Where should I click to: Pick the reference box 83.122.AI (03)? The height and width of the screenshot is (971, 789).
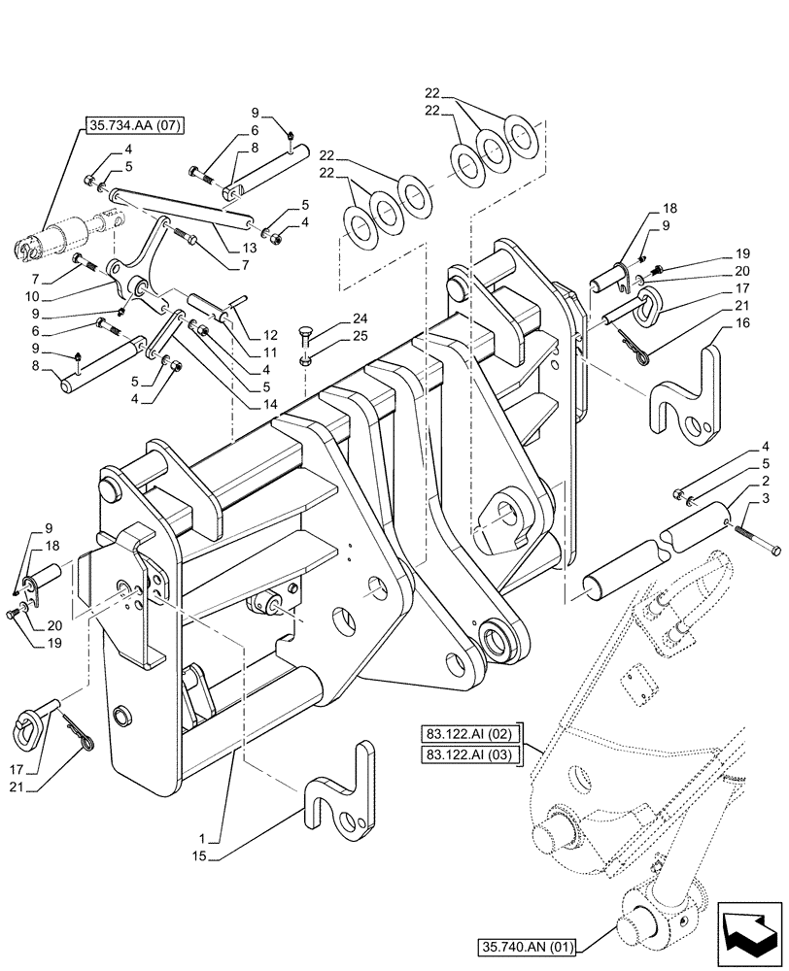(472, 753)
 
